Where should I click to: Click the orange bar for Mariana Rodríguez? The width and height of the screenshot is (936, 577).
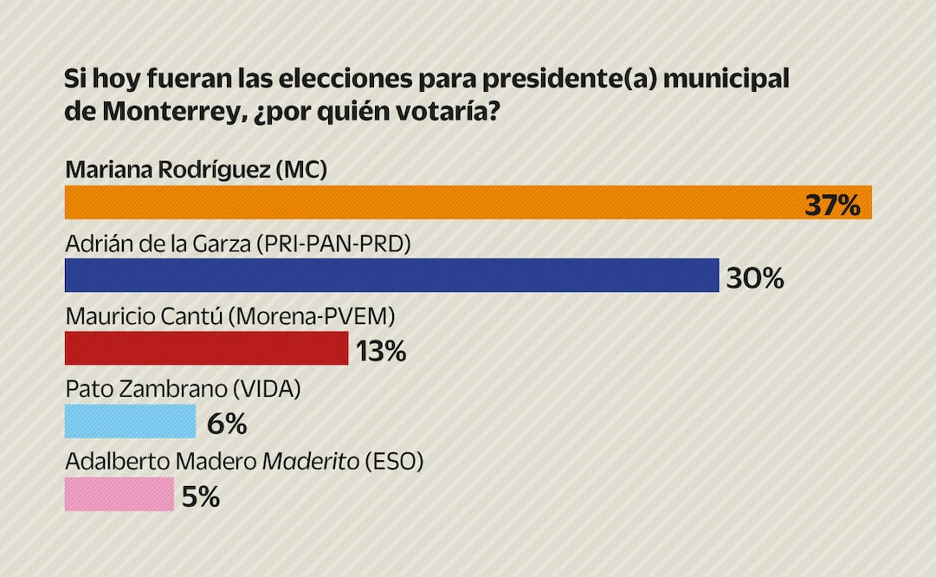point(433,203)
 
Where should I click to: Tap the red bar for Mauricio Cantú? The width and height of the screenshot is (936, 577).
point(206,348)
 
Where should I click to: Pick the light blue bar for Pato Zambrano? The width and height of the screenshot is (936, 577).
point(130,422)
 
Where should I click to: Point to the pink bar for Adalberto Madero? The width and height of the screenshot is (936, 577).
point(119,495)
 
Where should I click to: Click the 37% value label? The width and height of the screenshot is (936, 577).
point(832,205)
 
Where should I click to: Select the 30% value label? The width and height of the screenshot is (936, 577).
point(755,278)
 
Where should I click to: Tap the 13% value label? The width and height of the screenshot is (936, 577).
point(379,351)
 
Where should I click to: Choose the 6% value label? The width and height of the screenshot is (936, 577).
point(227,424)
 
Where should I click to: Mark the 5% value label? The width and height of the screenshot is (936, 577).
point(200,496)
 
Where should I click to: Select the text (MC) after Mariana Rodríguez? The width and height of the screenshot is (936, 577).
point(300,170)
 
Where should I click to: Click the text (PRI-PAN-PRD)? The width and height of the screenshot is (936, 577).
point(332,243)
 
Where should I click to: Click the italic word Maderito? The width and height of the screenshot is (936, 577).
point(310,462)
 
